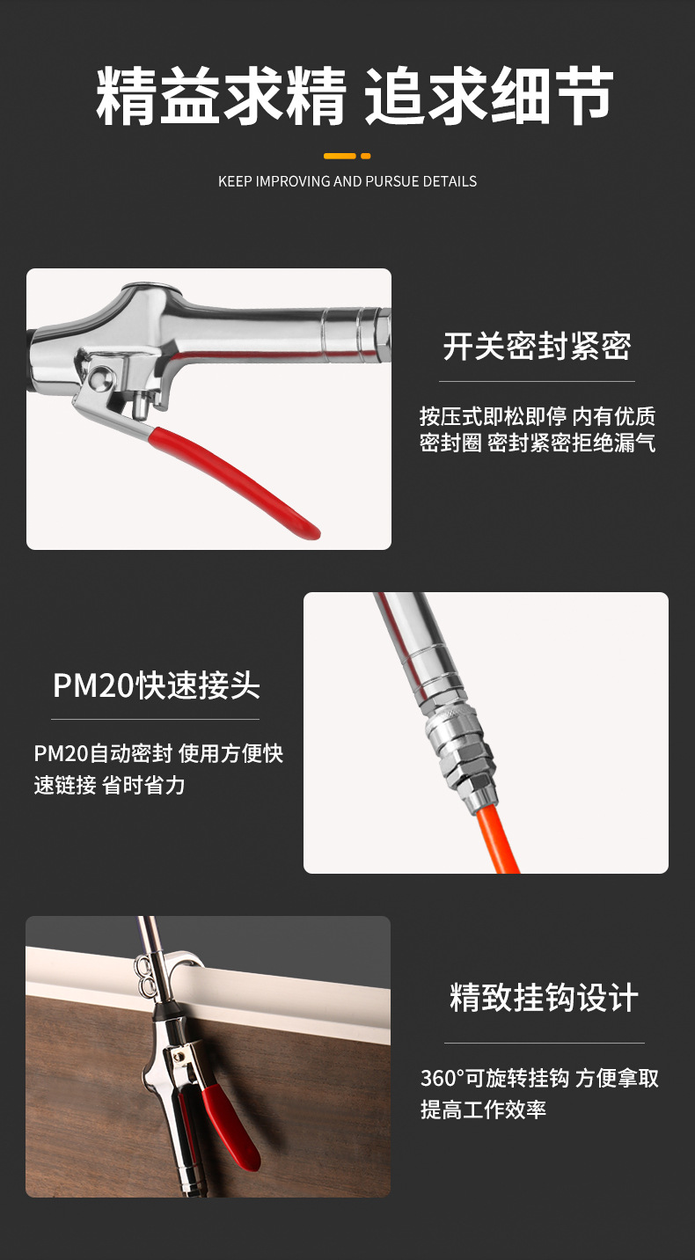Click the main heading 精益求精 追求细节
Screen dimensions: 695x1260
pyautogui.click(x=355, y=96)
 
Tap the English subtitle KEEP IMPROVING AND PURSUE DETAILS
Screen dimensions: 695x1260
pyautogui.click(x=347, y=181)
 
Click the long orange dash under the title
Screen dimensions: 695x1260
pyautogui.click(x=340, y=156)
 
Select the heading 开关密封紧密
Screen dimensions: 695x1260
pyautogui.click(x=537, y=346)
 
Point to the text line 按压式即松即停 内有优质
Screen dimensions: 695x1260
pyautogui.click(x=538, y=416)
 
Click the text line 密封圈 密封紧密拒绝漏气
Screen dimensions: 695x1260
pyautogui.click(x=538, y=443)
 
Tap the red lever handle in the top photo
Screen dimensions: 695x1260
pyautogui.click(x=235, y=481)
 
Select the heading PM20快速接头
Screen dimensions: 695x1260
pyautogui.click(x=157, y=685)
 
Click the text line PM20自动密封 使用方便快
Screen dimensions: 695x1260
pyautogui.click(x=158, y=753)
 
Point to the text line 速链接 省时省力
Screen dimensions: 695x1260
pyautogui.click(x=110, y=785)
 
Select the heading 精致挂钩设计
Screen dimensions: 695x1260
pyautogui.click(x=544, y=998)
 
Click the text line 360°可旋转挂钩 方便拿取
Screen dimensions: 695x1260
pyautogui.click(x=539, y=1079)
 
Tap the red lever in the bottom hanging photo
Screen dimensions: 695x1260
pyautogui.click(x=230, y=1126)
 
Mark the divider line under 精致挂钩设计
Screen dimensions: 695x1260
pyautogui.click(x=545, y=1043)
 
